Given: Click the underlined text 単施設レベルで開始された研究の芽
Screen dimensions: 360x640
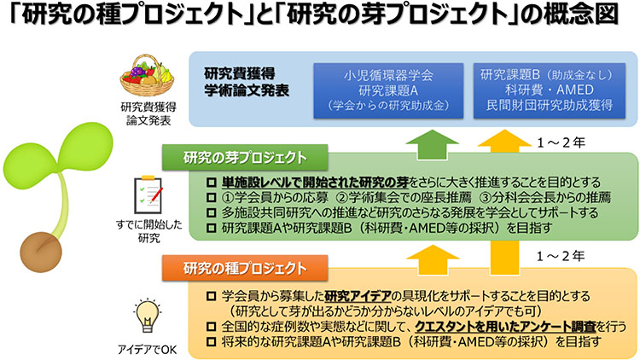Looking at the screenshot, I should (x=315, y=183).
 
